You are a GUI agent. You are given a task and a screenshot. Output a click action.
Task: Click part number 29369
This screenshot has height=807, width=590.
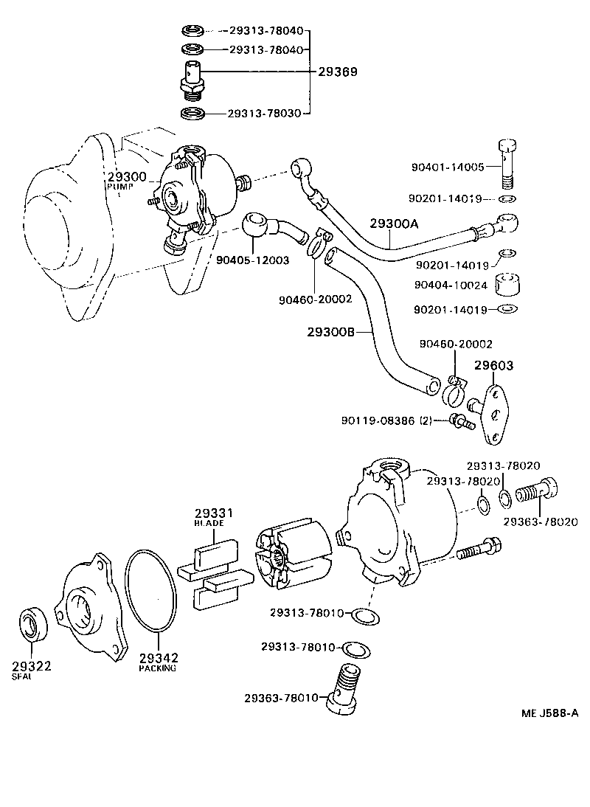338,72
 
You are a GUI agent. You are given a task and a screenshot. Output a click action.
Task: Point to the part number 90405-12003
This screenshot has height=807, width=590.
252,260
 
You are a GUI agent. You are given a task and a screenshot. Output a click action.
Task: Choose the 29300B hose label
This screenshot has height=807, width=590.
331,332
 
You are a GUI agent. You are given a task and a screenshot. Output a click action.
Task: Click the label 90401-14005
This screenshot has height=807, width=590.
447,167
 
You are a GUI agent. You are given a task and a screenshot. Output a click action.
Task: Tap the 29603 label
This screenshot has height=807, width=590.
493,365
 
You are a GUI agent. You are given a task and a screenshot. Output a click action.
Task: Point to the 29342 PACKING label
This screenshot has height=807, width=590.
158,661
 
